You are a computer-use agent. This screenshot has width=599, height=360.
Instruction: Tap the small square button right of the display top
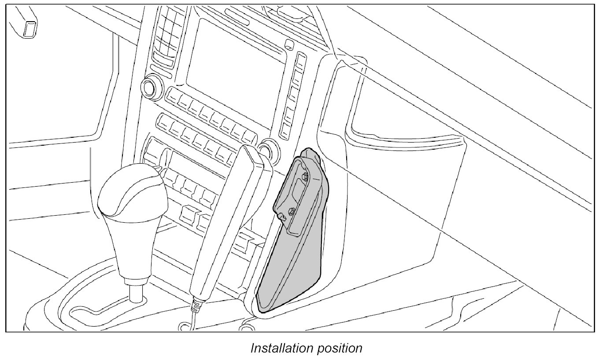(289, 44)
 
